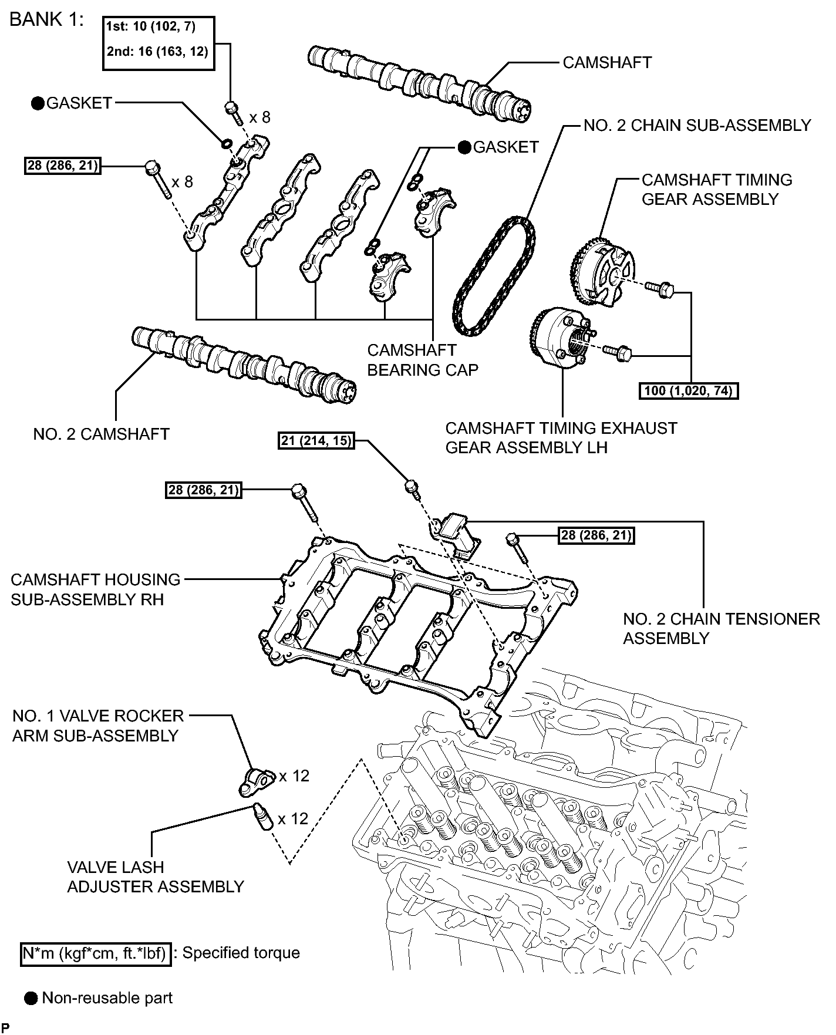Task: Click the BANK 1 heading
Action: pos(46,19)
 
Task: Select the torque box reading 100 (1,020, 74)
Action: pos(688,390)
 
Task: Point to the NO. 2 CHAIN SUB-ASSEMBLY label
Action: pos(697,126)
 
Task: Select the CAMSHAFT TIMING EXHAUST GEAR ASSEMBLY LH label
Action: pos(561,437)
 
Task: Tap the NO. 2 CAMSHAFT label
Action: pos(101,434)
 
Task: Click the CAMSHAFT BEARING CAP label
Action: pos(423,360)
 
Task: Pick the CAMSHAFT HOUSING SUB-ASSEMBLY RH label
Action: pos(95,589)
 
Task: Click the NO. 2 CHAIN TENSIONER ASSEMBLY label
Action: pos(721,628)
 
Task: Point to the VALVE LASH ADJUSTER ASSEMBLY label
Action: pos(155,876)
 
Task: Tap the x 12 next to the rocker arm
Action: pos(294,776)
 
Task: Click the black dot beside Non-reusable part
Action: pos(31,998)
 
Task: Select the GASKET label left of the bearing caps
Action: pos(79,103)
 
